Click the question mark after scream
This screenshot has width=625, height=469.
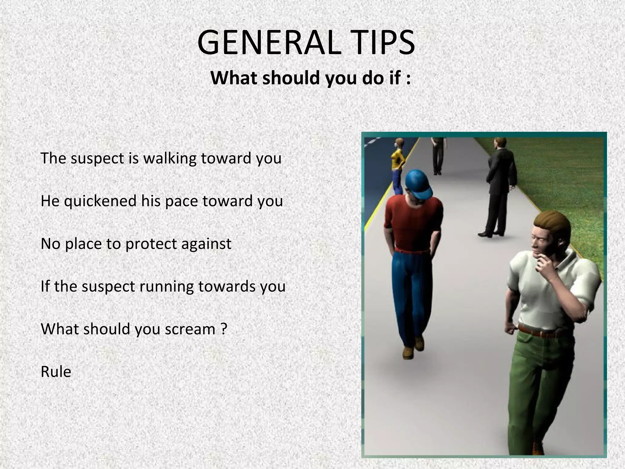[224, 329]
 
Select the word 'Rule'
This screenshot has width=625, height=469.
[56, 372]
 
